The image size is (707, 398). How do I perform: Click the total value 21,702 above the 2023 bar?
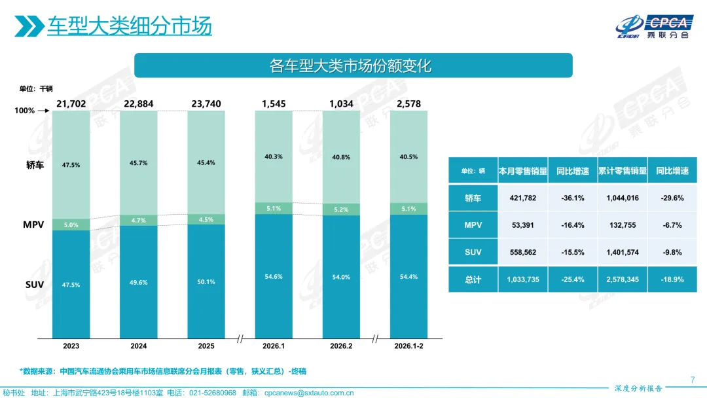[71, 103]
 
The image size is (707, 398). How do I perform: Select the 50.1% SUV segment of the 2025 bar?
[206, 281]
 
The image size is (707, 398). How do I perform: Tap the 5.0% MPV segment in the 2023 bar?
[71, 225]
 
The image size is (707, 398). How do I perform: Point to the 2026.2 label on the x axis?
[341, 346]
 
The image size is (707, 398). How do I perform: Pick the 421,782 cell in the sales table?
[522, 198]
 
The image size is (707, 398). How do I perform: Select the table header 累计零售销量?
[622, 171]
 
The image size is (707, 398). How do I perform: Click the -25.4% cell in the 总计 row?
[572, 279]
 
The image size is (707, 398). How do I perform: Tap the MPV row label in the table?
[473, 225]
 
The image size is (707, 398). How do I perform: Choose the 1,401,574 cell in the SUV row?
[622, 252]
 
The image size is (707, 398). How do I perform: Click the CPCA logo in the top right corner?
[655, 26]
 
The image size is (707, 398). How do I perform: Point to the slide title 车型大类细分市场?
[129, 27]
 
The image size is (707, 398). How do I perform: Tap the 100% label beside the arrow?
[25, 111]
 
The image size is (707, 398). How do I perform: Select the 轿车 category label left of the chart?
[35, 165]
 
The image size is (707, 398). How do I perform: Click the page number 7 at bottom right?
[693, 379]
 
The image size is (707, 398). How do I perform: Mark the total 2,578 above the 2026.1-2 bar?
[408, 103]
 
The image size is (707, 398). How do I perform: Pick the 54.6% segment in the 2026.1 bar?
[274, 277]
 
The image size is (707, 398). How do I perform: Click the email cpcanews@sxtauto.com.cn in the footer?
[309, 393]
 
